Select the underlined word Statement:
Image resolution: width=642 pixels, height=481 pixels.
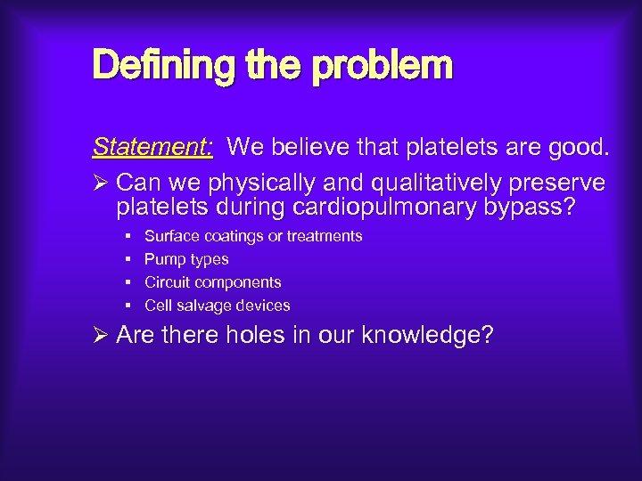point(152,146)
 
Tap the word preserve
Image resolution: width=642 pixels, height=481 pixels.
point(556,183)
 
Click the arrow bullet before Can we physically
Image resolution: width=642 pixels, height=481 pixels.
point(101,183)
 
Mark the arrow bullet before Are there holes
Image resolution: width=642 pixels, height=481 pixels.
point(101,335)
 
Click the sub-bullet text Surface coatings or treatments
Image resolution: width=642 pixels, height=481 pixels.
point(253,236)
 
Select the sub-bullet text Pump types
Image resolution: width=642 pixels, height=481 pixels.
point(186,259)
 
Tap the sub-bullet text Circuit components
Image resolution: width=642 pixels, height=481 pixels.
point(212,282)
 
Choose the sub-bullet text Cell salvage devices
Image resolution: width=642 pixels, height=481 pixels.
point(217,306)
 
